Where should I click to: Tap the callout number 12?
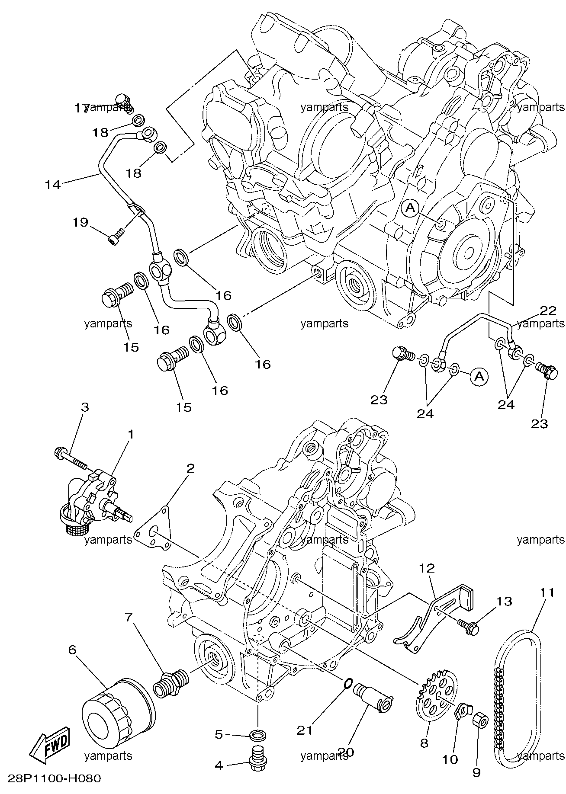click(427, 569)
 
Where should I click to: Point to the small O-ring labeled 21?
click(347, 695)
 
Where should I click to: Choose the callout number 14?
click(53, 185)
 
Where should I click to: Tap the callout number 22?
click(548, 311)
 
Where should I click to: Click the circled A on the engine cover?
click(410, 209)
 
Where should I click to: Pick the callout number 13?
click(504, 602)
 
